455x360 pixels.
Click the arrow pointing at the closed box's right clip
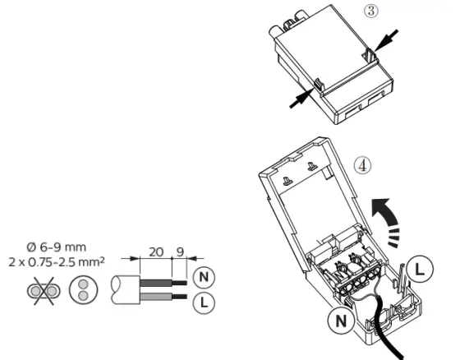pyautogui.click(x=385, y=39)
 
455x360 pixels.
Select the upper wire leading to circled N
pyautogui.click(x=156, y=283)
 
